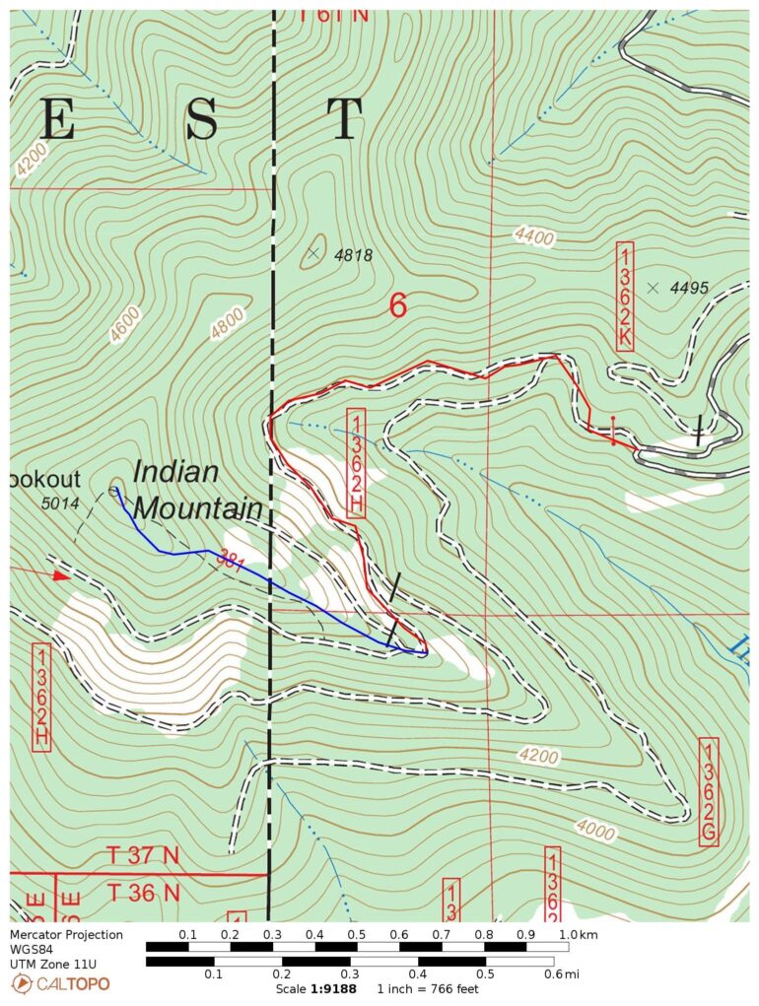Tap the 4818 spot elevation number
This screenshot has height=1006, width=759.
[x=353, y=255]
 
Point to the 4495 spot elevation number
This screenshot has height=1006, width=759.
[x=689, y=288]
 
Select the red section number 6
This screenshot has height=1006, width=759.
[x=397, y=306]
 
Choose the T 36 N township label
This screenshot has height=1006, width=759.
[x=143, y=893]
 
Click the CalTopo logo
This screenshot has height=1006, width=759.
[x=61, y=983]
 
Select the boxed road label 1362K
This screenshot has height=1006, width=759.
[x=625, y=296]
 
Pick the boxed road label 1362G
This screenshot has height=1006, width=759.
[x=708, y=791]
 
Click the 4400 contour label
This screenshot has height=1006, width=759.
[x=534, y=235]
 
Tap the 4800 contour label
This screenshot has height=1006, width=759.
[x=227, y=324]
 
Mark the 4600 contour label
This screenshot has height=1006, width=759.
[x=125, y=325]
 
